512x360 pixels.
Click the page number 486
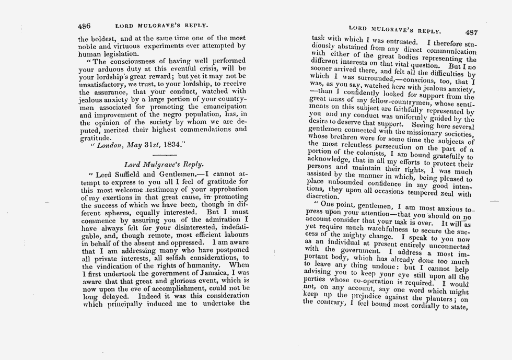point(85,25)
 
